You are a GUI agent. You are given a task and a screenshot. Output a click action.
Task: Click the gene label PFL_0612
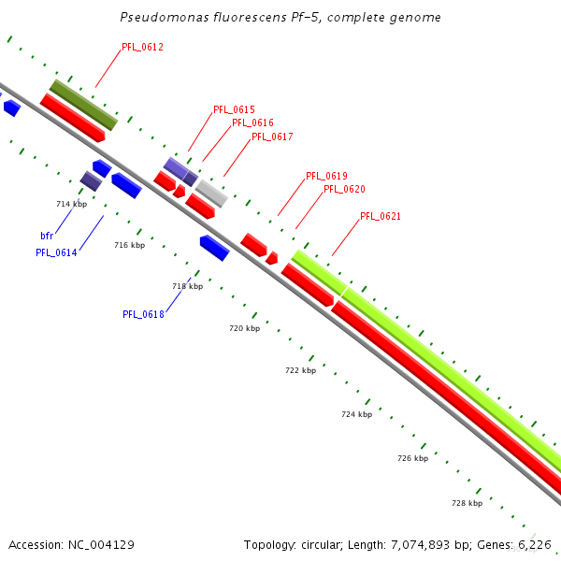pyautogui.click(x=142, y=47)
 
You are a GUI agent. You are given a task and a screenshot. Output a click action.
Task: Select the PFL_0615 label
pyautogui.click(x=234, y=110)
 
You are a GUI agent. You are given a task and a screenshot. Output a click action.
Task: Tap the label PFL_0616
pyautogui.click(x=252, y=123)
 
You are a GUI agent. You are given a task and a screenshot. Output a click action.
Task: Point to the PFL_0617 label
pyautogui.click(x=272, y=137)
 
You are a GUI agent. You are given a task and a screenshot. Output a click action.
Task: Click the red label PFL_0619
pyautogui.click(x=326, y=176)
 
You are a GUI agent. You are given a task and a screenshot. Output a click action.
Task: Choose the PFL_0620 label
pyautogui.click(x=344, y=189)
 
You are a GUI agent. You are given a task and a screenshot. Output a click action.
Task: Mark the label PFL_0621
pyautogui.click(x=381, y=217)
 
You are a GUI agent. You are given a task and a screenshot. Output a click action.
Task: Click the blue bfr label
pyautogui.click(x=47, y=237)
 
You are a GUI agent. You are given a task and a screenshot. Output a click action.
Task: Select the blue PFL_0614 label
pyautogui.click(x=56, y=252)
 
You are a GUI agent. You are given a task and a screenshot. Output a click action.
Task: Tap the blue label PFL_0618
pyautogui.click(x=143, y=314)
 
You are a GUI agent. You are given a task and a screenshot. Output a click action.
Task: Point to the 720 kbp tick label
pyautogui.click(x=245, y=329)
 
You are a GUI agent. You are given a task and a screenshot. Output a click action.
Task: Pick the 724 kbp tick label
pyautogui.click(x=356, y=414)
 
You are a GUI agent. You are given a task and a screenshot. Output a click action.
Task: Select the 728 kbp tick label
pyautogui.click(x=467, y=503)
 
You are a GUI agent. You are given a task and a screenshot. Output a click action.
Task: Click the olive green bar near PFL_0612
pyautogui.click(x=83, y=105)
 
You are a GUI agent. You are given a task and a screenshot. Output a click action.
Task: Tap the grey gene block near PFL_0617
pyautogui.click(x=211, y=194)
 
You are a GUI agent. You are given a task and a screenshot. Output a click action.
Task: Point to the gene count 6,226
pyautogui.click(x=534, y=544)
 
